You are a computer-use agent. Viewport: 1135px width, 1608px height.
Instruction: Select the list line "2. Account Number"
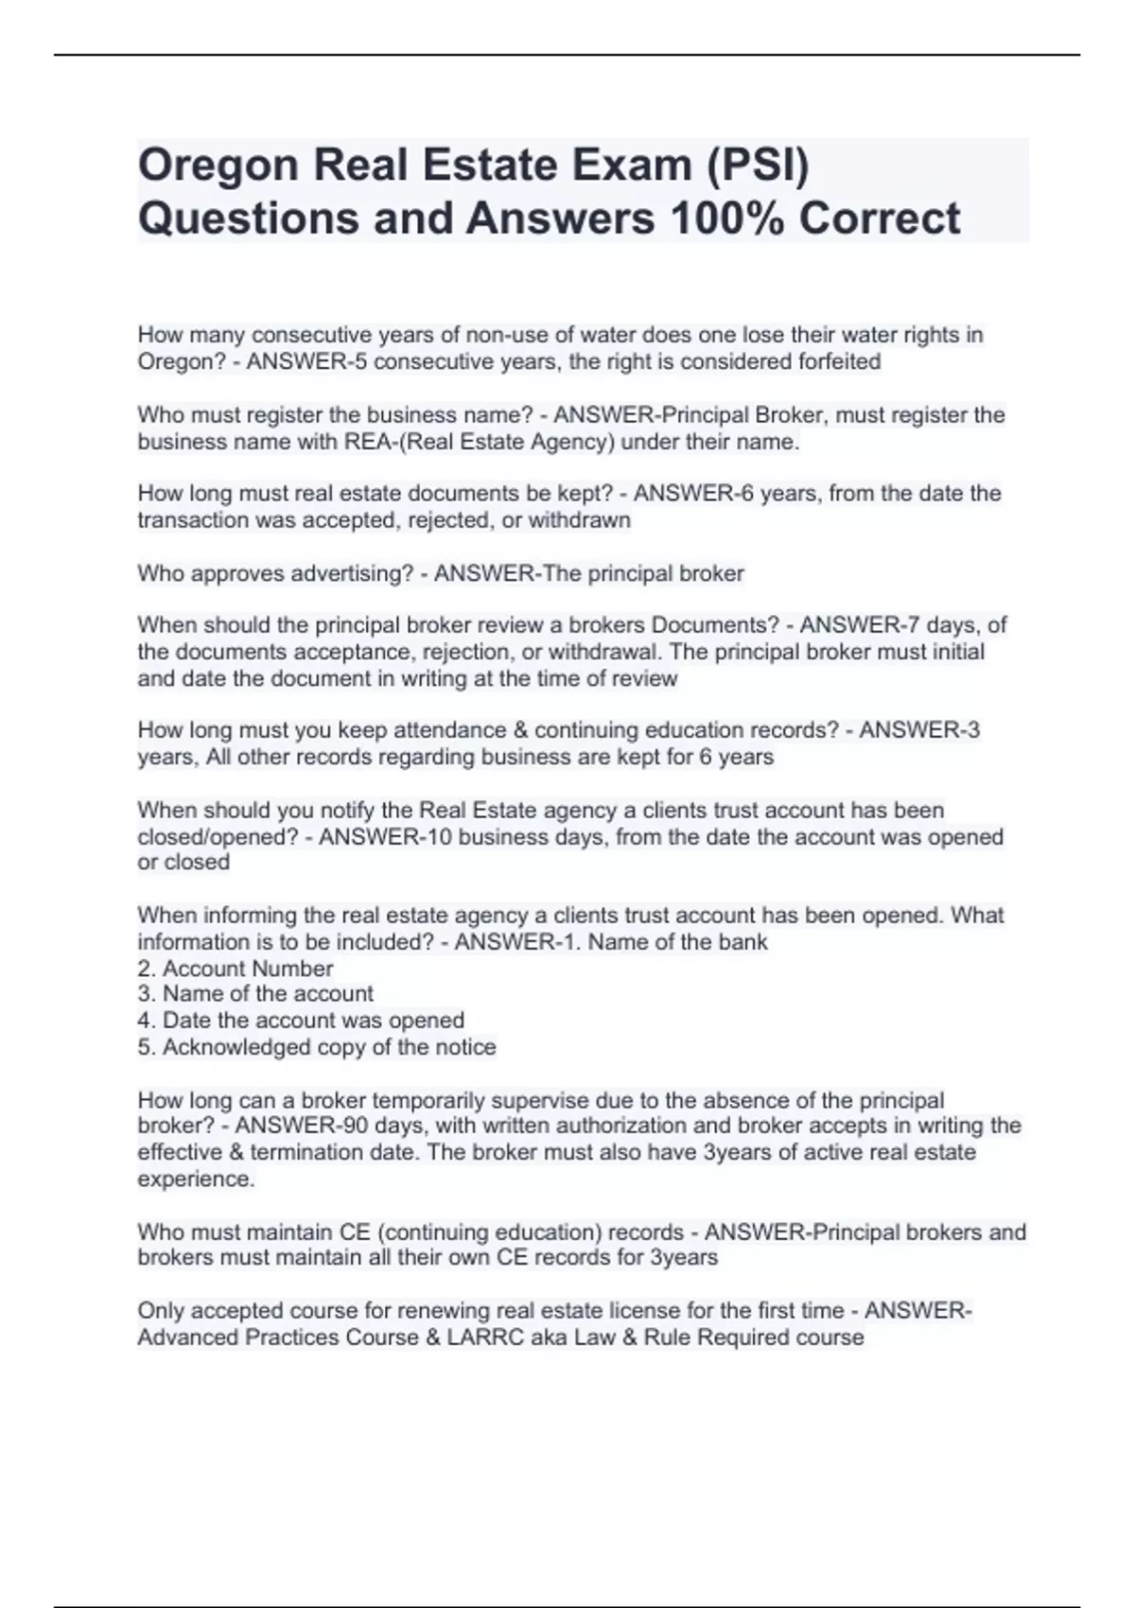(x=236, y=969)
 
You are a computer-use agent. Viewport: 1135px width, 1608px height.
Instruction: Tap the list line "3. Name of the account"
(x=255, y=993)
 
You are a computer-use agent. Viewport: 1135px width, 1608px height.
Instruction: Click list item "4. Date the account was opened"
(x=301, y=1021)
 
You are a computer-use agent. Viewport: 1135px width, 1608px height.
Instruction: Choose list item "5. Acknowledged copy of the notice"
(x=317, y=1047)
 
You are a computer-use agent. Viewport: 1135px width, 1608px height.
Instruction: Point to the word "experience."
(x=196, y=1179)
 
